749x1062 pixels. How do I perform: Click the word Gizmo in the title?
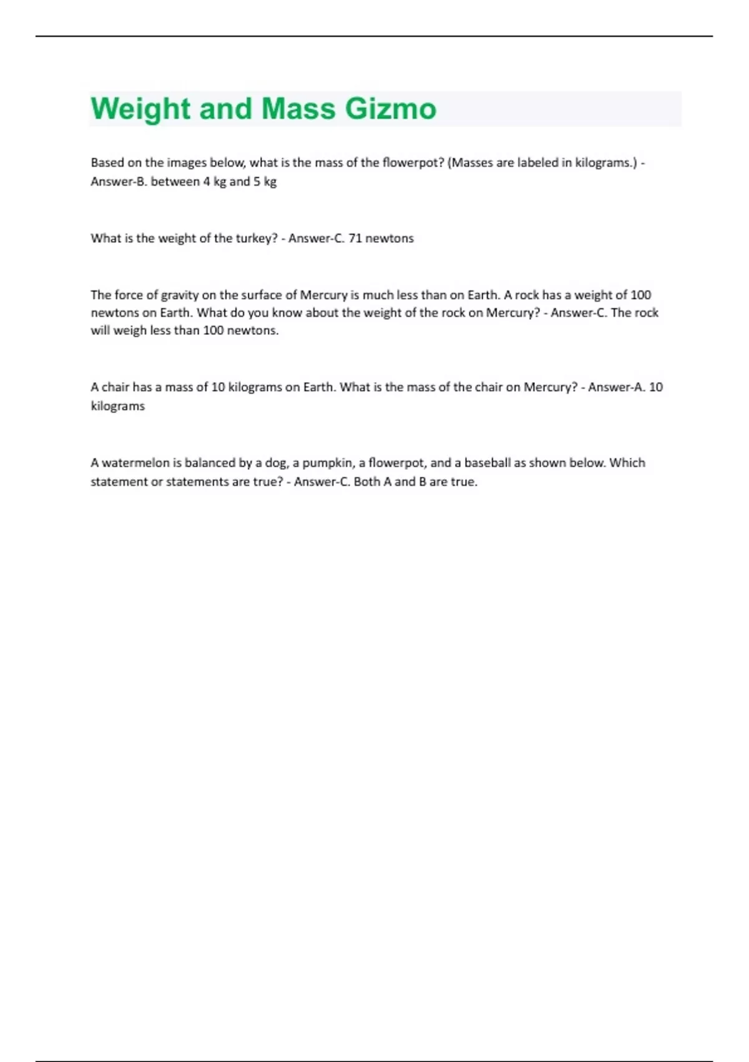click(391, 109)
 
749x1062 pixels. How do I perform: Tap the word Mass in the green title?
click(298, 109)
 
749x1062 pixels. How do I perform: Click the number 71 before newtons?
click(355, 238)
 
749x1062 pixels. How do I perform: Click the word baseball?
click(487, 463)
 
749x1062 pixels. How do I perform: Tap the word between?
click(175, 182)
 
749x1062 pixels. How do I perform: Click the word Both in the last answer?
click(366, 482)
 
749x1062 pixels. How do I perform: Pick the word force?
click(129, 295)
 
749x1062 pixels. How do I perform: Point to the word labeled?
click(541, 163)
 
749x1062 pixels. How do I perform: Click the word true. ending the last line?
click(464, 482)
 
